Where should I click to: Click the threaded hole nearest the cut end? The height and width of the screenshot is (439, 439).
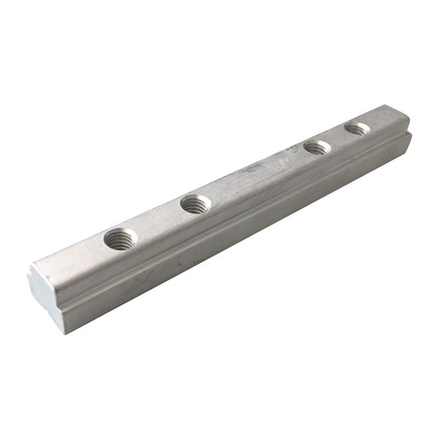(x=121, y=239)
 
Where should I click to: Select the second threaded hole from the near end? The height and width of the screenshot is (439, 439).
(x=196, y=204)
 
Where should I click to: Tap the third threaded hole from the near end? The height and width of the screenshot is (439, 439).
(x=316, y=148)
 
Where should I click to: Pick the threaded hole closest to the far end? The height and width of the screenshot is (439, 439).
(x=357, y=128)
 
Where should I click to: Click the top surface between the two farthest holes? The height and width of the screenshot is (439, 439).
(x=337, y=138)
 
